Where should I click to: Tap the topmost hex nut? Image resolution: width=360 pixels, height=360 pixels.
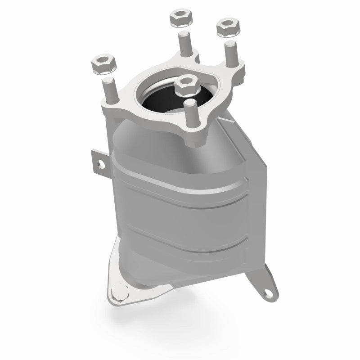click(x=179, y=19)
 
